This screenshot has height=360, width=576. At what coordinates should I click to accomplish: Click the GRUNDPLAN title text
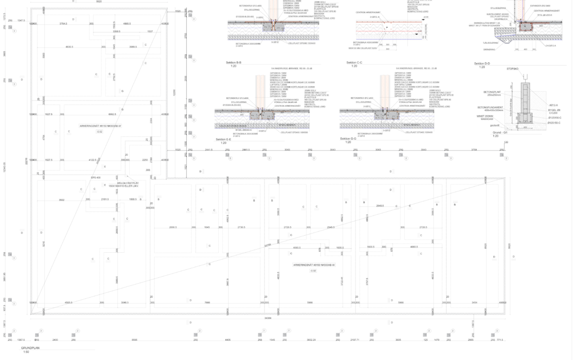click(x=30, y=348)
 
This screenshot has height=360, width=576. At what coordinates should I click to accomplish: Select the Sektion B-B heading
click(x=234, y=62)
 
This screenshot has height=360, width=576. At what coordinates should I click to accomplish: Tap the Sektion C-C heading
click(x=354, y=62)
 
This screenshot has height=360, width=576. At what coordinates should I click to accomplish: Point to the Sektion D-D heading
click(x=482, y=63)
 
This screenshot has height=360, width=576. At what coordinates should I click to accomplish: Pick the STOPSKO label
click(x=513, y=69)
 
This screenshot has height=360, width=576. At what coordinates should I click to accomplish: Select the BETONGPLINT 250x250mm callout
click(x=492, y=93)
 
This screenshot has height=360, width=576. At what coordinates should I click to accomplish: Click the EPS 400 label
click(x=96, y=178)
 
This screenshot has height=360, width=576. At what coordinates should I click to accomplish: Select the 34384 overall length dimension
click(x=268, y=318)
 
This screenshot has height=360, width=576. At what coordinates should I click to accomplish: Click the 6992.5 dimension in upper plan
click(x=112, y=114)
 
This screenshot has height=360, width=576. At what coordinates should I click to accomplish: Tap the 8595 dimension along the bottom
click(x=134, y=340)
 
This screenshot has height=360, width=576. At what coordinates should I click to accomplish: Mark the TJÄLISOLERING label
click(x=490, y=43)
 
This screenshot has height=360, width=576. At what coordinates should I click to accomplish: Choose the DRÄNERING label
click(x=489, y=50)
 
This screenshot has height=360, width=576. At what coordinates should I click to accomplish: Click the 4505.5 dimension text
click(x=68, y=302)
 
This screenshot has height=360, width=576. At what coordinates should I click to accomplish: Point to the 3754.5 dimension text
click(x=63, y=24)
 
